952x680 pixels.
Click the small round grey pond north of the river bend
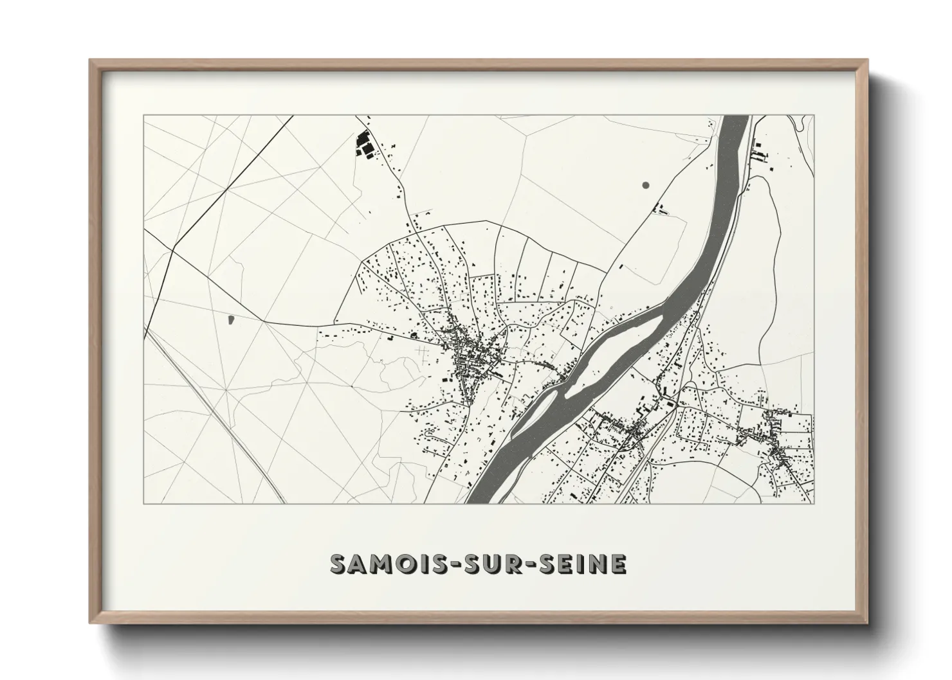(645, 185)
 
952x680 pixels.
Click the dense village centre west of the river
(473, 357)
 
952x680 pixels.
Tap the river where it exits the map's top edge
(736, 120)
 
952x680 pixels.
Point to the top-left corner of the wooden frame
(92, 62)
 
